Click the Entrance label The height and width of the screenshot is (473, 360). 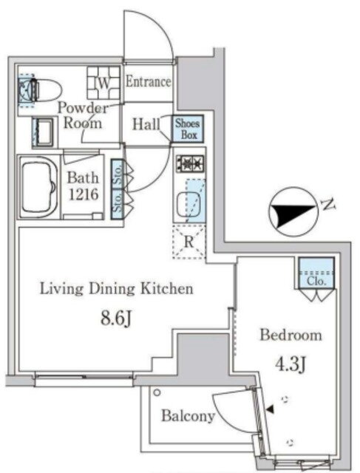(x=148, y=82)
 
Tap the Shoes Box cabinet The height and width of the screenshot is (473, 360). (x=188, y=129)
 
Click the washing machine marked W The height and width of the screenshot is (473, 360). (x=103, y=83)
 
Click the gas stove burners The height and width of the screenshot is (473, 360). (x=190, y=163)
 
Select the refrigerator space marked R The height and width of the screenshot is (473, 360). (x=189, y=242)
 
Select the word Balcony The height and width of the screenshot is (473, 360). (x=188, y=415)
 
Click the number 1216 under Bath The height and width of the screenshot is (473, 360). (x=84, y=194)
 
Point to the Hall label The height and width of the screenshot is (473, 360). (x=146, y=124)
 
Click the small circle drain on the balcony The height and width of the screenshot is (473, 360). (x=157, y=392)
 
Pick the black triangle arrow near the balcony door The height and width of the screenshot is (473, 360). (x=270, y=409)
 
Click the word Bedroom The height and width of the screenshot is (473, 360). (x=291, y=335)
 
